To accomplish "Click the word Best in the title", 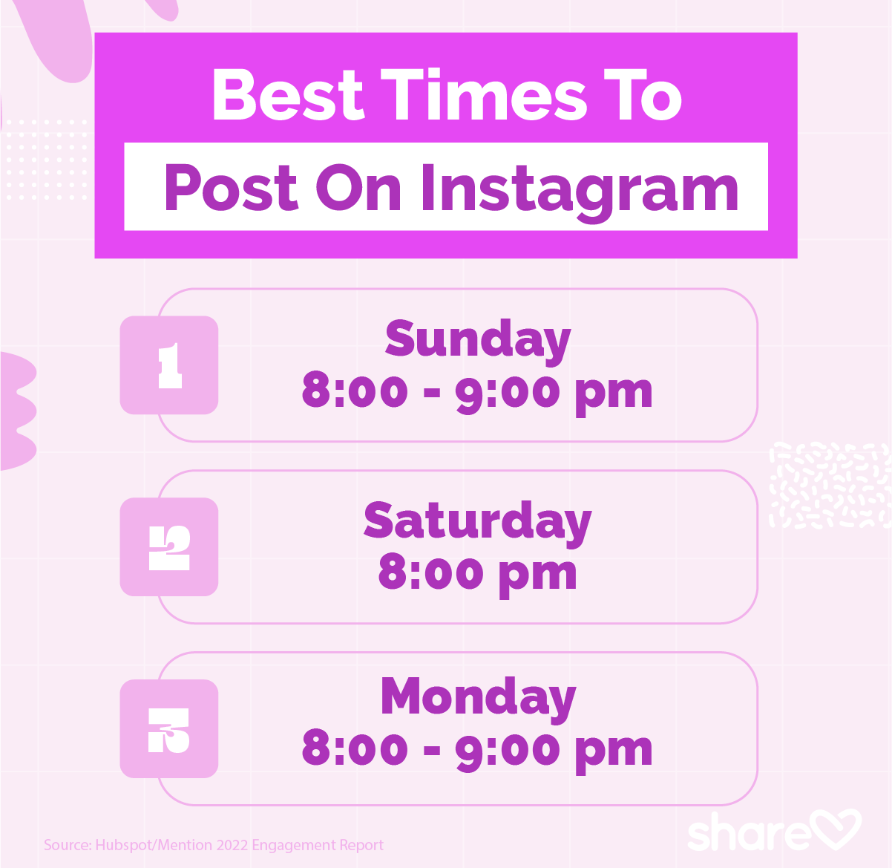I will tap(288, 95).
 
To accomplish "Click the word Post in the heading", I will tap(230, 188).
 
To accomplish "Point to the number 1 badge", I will tap(169, 365).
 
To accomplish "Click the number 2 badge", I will tap(169, 547).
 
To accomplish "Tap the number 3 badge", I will tap(169, 729).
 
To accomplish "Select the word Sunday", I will tap(477, 340).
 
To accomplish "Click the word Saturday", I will tap(477, 522).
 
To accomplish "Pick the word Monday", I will tap(477, 698).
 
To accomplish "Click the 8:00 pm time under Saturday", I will tap(477, 573).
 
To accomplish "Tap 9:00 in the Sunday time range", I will tap(507, 391).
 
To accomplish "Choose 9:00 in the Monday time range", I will tap(507, 748).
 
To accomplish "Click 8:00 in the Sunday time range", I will tap(354, 391).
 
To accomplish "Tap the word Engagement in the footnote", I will tap(294, 845).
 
